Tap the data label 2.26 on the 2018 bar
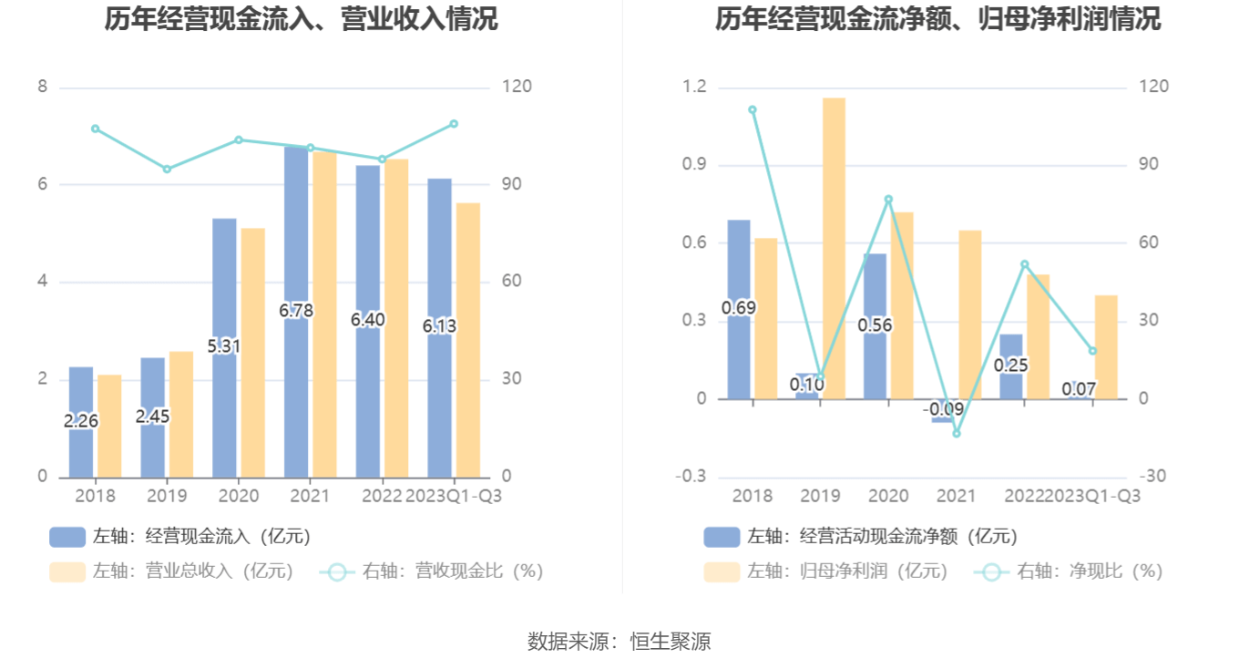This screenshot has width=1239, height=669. point(81,421)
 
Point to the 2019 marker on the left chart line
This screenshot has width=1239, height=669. point(167,169)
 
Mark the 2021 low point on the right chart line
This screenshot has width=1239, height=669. point(957,433)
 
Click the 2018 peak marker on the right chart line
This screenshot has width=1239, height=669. point(753,110)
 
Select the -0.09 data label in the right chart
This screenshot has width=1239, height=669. point(943,409)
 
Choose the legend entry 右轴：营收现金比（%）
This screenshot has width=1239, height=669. point(432,571)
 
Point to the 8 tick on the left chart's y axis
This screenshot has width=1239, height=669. point(42,87)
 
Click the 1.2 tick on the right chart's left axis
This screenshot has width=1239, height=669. point(695,87)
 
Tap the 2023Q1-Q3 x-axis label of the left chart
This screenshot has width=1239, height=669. point(453,496)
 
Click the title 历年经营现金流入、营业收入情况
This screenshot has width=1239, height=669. point(301,18)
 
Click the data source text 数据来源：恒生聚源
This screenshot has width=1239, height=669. point(619,642)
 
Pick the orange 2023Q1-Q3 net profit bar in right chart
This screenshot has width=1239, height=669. point(1106,347)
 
